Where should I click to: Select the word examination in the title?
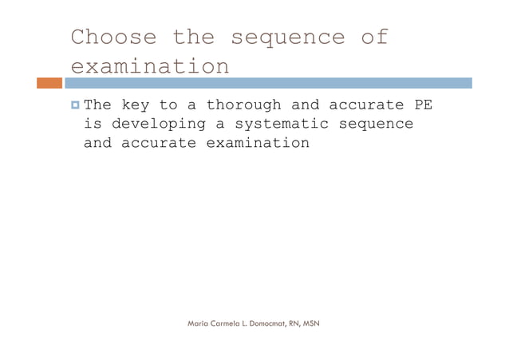[150, 66]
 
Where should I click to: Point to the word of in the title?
[373, 38]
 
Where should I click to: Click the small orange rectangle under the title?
[49, 83]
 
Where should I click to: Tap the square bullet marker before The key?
[74, 105]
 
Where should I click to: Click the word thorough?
[243, 105]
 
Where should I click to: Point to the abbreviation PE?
[423, 105]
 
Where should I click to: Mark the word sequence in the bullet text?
[376, 125]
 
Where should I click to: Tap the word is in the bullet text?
[93, 125]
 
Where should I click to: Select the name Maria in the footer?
[198, 323]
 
